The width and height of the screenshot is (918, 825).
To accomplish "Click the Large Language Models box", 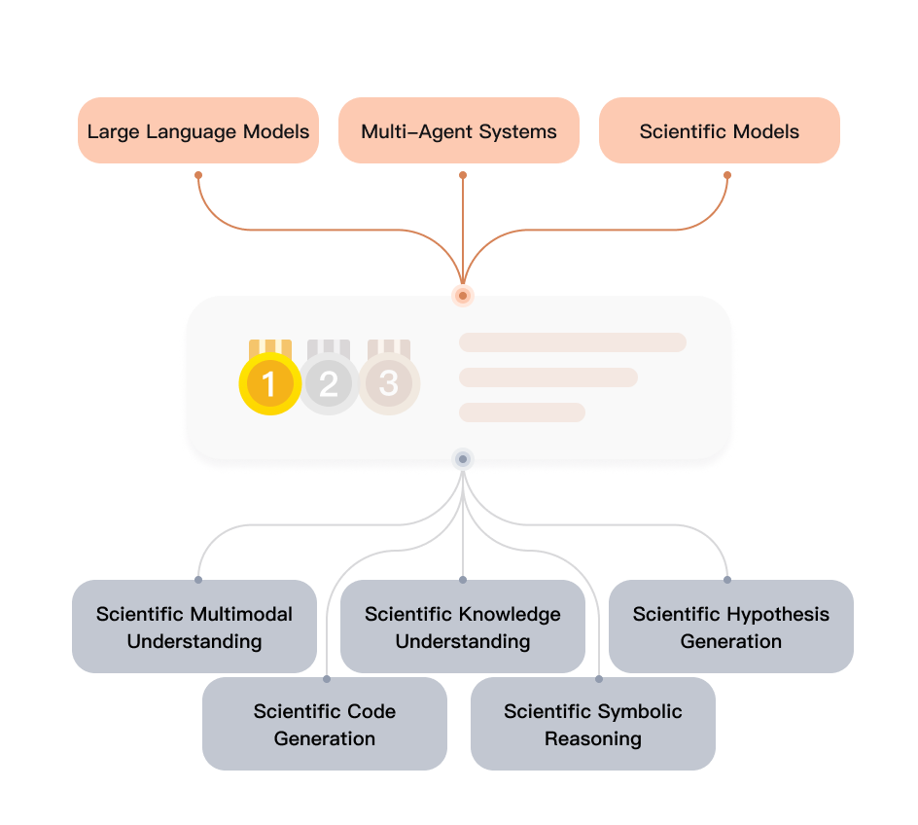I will [x=198, y=130].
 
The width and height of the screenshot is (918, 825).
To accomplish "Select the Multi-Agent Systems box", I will [x=459, y=130].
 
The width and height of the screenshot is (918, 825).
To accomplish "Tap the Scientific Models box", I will [x=719, y=130].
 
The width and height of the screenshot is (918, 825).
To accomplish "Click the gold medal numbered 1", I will [x=269, y=383].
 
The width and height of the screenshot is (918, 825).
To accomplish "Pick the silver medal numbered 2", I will [x=329, y=383].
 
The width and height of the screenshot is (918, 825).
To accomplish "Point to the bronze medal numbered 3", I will [x=389, y=382].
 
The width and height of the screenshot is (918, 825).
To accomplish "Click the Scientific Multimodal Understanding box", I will [x=194, y=627].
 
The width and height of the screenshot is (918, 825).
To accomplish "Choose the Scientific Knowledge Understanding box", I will [x=463, y=627].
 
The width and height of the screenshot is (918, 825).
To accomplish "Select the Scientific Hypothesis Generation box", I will [x=731, y=627].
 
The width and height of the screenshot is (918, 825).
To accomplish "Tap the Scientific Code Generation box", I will [x=325, y=724].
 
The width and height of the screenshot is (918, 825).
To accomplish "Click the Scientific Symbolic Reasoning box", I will [x=593, y=724].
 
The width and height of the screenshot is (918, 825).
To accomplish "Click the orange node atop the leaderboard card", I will [x=463, y=295].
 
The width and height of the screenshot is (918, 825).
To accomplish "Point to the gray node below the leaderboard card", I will [x=463, y=458].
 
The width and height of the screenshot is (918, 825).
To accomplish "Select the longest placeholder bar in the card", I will [x=572, y=341].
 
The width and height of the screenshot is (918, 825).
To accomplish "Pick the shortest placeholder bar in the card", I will [x=521, y=412].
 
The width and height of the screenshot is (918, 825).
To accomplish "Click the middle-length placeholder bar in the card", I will [x=547, y=377].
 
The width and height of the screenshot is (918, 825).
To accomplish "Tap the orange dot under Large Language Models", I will [x=198, y=175].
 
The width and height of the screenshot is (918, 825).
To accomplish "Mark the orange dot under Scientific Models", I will [x=727, y=175].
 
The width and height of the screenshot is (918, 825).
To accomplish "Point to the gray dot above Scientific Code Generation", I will [x=327, y=678].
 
